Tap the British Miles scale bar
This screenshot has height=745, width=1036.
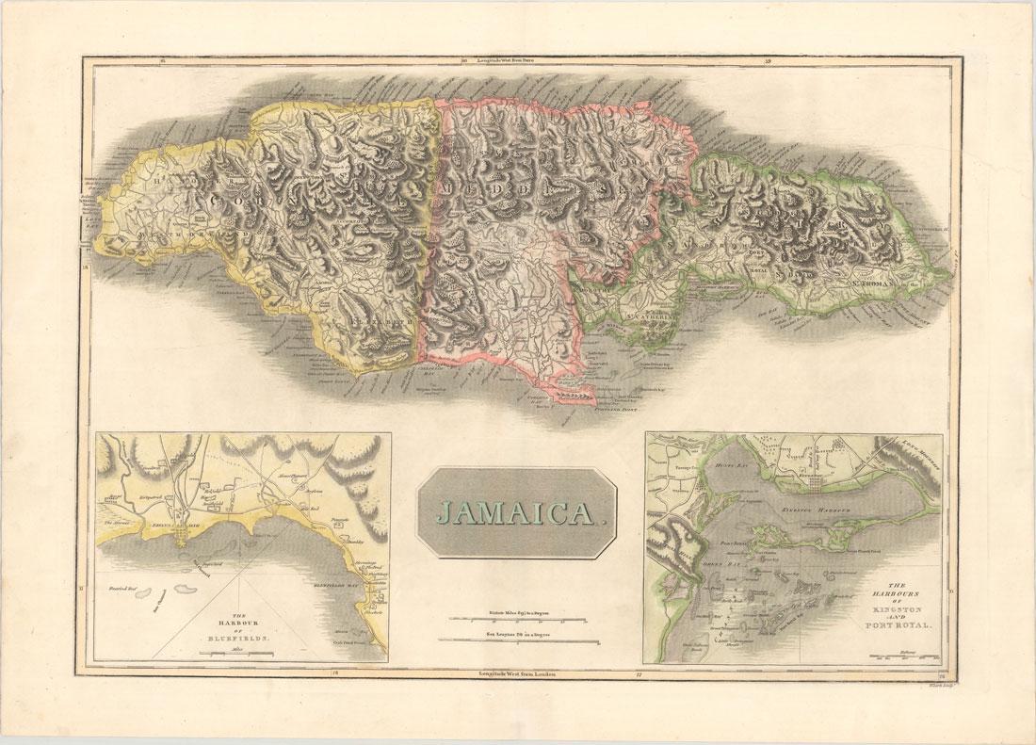tap(519, 619)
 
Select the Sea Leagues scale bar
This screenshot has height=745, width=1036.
tap(519, 643)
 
